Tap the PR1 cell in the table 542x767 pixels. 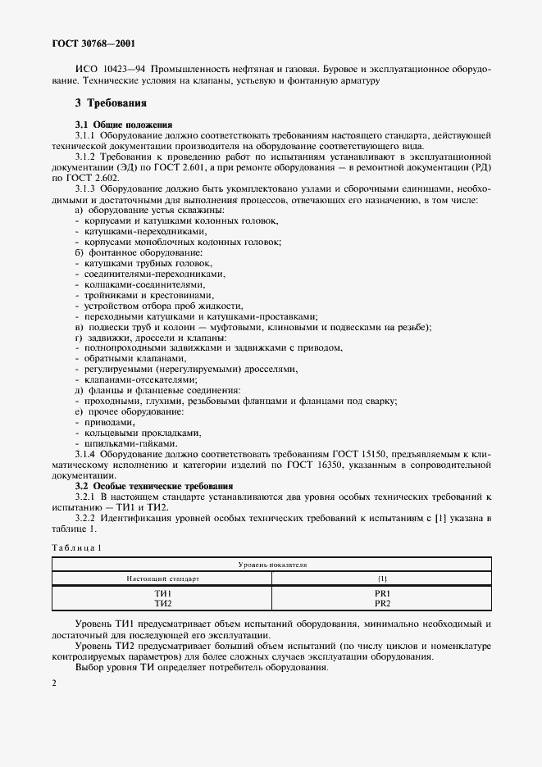[381, 593]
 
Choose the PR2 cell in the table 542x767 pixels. [381, 603]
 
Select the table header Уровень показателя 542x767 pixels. [271, 565]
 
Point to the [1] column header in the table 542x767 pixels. [381, 579]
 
